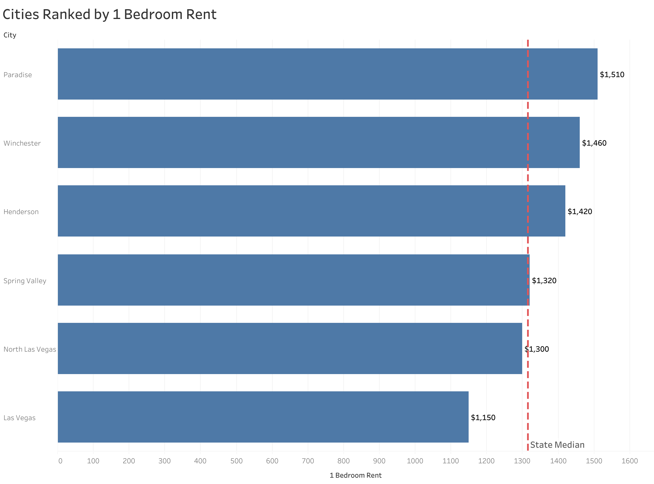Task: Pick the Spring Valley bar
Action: pos(293,280)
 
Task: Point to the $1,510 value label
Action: pos(612,75)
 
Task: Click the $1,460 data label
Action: pos(594,143)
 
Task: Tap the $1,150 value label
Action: pos(483,418)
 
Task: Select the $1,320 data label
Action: pos(544,281)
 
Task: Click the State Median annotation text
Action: pos(557,445)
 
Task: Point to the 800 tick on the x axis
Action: pos(343,461)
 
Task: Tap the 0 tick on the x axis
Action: pos(60,461)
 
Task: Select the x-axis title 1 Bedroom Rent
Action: pos(355,475)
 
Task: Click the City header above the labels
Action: pos(10,35)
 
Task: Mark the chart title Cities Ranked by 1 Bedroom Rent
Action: pos(109,14)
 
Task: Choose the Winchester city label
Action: pos(22,143)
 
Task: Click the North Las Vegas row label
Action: pos(30,349)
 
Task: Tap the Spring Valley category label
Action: pos(25,281)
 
